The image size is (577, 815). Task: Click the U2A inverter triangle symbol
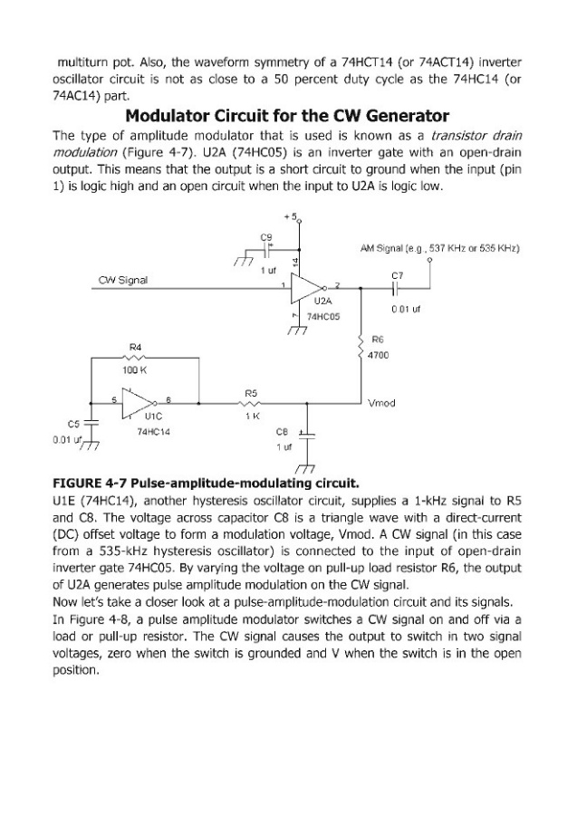tap(306, 289)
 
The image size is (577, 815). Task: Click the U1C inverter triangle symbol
tap(137, 401)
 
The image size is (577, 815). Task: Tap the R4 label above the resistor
tap(135, 347)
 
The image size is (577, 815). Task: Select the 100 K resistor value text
tap(135, 370)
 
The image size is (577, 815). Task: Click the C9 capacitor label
tap(266, 237)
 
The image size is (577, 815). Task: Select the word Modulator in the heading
tap(168, 116)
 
